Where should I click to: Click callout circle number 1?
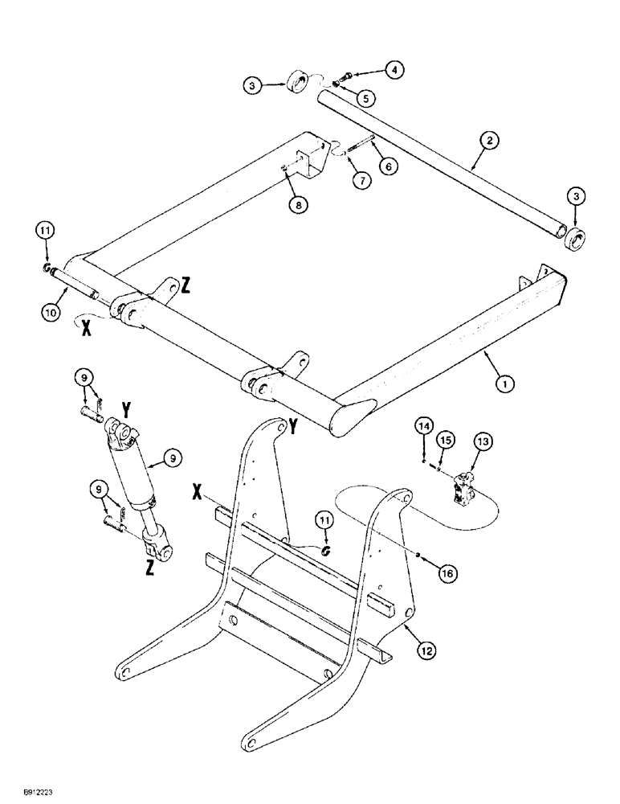point(504,384)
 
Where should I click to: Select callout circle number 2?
point(491,142)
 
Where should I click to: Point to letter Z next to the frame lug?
point(186,284)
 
